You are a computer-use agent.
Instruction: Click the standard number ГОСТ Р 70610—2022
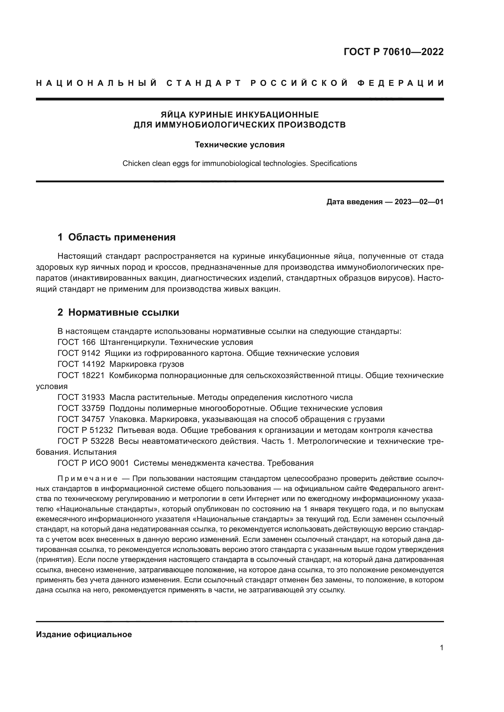[393, 51]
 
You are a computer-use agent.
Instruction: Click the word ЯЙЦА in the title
[173, 115]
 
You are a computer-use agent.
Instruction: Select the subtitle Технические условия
[240, 145]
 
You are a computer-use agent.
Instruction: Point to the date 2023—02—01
[419, 202]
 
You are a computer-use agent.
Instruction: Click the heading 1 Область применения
[116, 237]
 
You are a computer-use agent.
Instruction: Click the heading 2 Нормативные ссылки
[118, 312]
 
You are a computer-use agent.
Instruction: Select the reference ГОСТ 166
[76, 342]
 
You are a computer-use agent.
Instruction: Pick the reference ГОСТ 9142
[79, 353]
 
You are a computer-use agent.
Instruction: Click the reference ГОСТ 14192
[81, 364]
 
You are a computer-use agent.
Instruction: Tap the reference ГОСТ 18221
[81, 375]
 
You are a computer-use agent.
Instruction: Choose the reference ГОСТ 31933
[81, 397]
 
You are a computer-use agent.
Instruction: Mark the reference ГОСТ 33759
[81, 408]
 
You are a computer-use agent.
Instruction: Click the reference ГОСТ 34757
[81, 419]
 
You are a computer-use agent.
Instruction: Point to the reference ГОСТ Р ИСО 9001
[93, 463]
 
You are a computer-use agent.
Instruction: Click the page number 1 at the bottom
[441, 647]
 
